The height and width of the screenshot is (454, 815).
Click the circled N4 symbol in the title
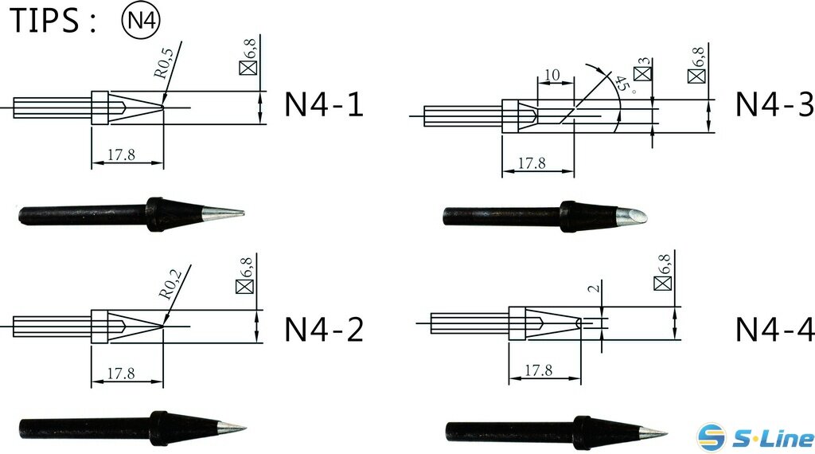(x=140, y=21)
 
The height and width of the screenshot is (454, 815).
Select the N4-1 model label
(x=324, y=105)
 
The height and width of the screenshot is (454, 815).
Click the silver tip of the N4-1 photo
(x=223, y=213)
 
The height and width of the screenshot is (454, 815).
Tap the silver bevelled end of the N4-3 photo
(x=634, y=215)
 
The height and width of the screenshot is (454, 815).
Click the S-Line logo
(x=755, y=436)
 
